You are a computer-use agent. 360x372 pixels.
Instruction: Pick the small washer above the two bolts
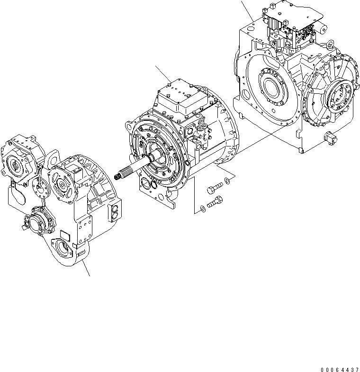pyautogui.click(x=229, y=180)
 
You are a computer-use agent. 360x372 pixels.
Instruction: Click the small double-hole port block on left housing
pyautogui.click(x=116, y=213)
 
